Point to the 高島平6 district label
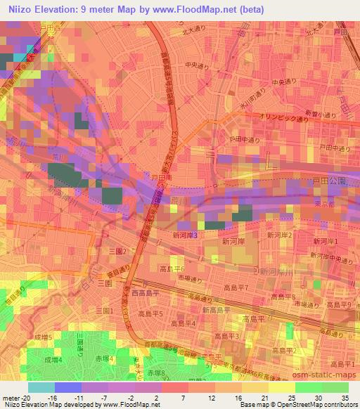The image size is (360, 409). pyautogui.click(x=173, y=269)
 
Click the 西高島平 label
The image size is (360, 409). pyautogui.click(x=146, y=293)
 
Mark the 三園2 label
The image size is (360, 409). pyautogui.click(x=116, y=250)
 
